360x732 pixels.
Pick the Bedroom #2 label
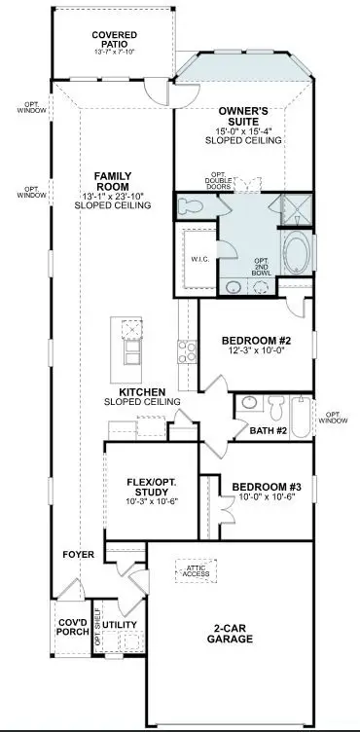pyautogui.click(x=256, y=341)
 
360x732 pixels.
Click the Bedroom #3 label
pyautogui.click(x=261, y=487)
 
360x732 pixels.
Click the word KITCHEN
pyautogui.click(x=143, y=393)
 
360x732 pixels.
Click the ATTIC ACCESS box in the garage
pyautogui.click(x=198, y=571)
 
